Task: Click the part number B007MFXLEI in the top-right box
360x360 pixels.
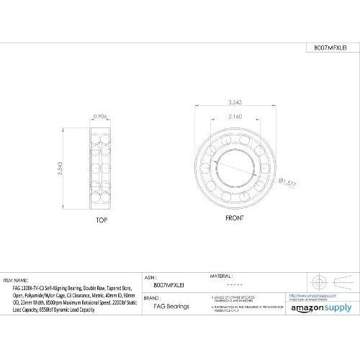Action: [330, 48]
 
